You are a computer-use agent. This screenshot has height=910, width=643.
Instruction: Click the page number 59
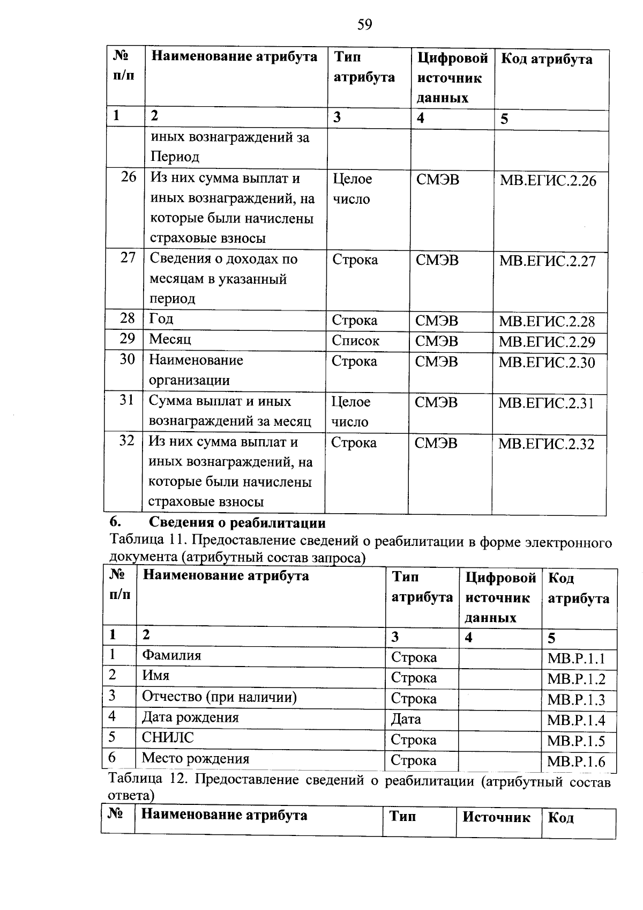364,25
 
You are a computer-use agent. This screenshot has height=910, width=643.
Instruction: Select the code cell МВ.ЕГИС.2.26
548,181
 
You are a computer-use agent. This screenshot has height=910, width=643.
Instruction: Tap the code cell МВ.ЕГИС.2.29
547,342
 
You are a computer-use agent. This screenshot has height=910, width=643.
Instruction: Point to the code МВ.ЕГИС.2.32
546,444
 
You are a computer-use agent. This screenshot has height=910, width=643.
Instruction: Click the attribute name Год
161,319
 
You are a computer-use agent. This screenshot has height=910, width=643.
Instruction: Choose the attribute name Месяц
170,339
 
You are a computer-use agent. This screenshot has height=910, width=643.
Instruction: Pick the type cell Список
355,341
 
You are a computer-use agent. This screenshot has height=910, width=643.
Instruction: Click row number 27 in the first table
128,258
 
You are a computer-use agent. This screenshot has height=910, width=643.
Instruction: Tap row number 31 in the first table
126,400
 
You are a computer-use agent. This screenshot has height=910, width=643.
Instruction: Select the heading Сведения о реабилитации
237,522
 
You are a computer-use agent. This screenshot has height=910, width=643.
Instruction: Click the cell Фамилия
171,655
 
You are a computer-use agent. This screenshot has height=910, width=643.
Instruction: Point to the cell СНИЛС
167,738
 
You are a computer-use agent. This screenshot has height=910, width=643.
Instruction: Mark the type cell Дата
406,719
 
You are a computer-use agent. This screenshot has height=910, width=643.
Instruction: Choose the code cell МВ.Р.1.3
576,700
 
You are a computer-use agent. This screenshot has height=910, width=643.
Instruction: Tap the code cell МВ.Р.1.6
576,762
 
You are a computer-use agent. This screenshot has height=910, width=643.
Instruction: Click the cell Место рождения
196,759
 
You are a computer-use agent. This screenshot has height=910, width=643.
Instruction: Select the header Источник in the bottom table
496,817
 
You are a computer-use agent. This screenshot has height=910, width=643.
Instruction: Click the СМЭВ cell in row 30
437,362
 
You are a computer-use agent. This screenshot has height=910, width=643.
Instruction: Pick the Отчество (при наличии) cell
219,697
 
